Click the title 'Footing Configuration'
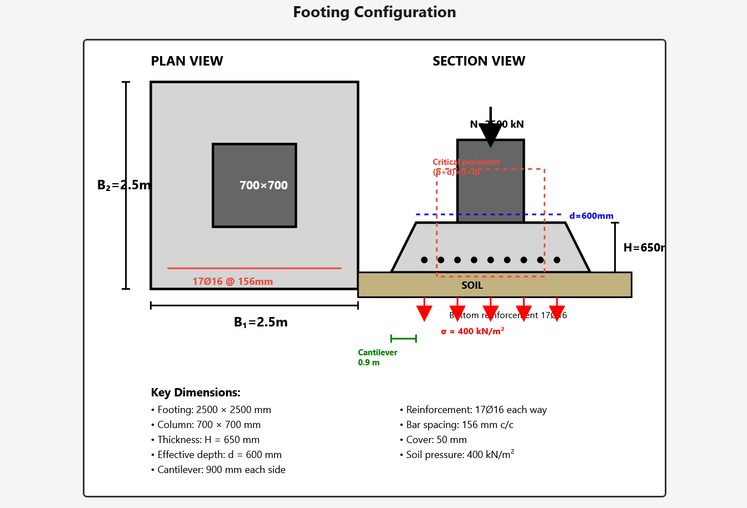pyautogui.click(x=374, y=12)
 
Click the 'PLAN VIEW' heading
pyautogui.click(x=187, y=61)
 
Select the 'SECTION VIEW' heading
pyautogui.click(x=479, y=61)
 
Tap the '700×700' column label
pyautogui.click(x=263, y=185)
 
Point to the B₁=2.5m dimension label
pyautogui.click(x=261, y=322)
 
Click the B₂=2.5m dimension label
pyautogui.click(x=123, y=185)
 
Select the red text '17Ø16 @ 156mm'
pyautogui.click(x=232, y=281)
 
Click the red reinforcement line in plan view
pyautogui.click(x=254, y=268)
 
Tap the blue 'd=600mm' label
pyautogui.click(x=591, y=216)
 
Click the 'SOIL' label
pyautogui.click(x=472, y=285)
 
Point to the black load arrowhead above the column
pyautogui.click(x=490, y=135)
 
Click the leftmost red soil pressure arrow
pyautogui.click(x=424, y=311)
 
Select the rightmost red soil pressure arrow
pyautogui.click(x=556, y=311)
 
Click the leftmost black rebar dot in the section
pyautogui.click(x=424, y=260)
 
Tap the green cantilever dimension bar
pyautogui.click(x=404, y=339)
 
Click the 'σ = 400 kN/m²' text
pyautogui.click(x=472, y=331)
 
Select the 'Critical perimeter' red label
pyautogui.click(x=466, y=162)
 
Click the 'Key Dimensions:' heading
pyautogui.click(x=196, y=393)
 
